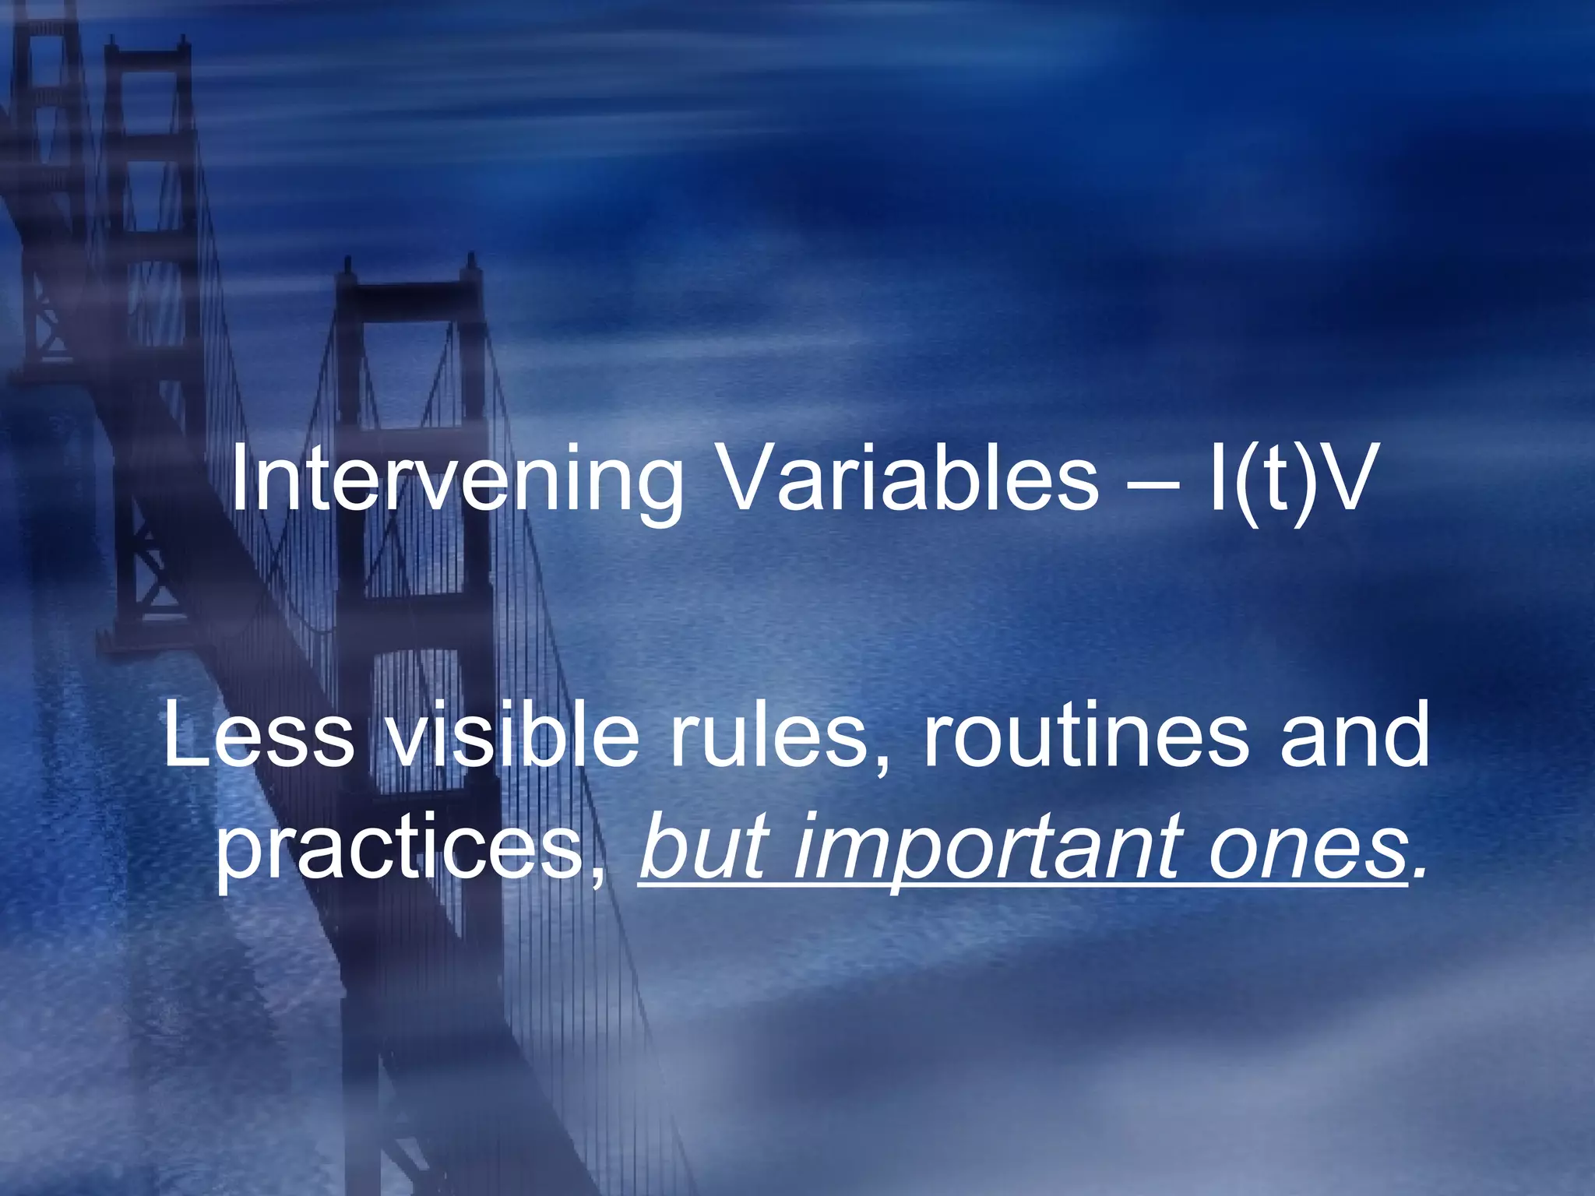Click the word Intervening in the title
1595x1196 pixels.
pyautogui.click(x=456, y=481)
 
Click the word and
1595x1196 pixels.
pyautogui.click(x=1354, y=736)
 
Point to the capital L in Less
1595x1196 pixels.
pyautogui.click(x=184, y=736)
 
